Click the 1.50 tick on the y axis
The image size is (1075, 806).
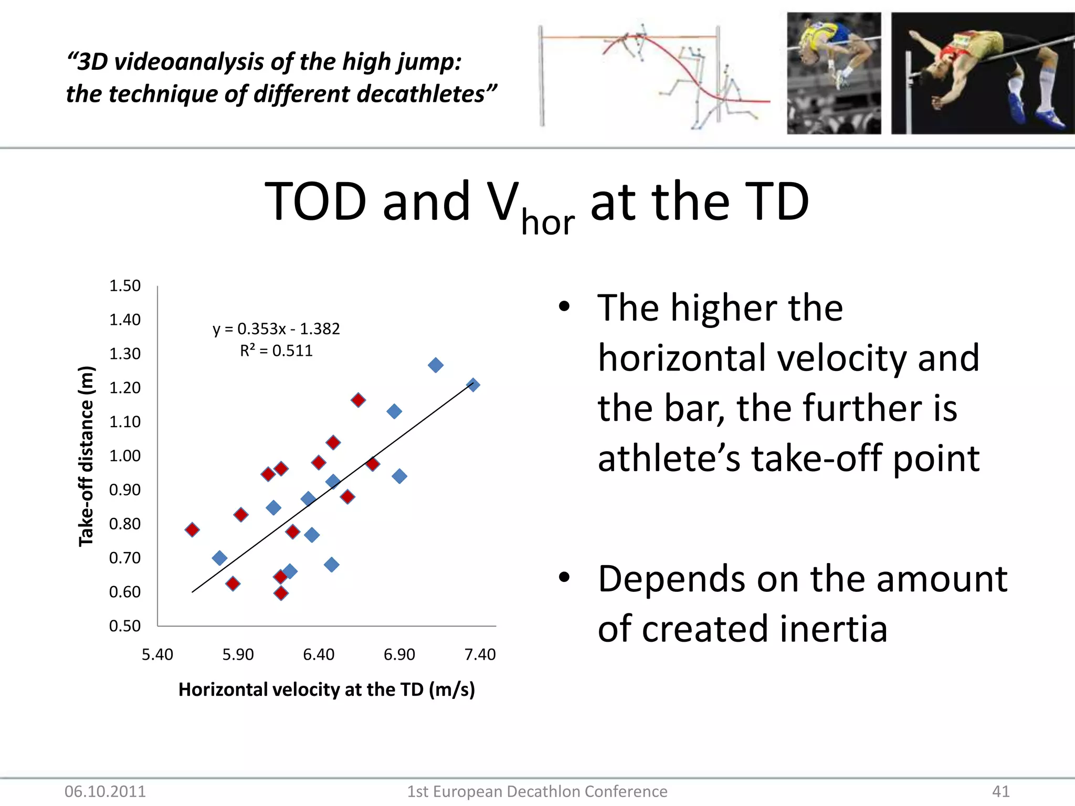point(125,286)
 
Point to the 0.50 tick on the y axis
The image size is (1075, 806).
point(125,626)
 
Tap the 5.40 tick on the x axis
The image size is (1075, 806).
point(157,655)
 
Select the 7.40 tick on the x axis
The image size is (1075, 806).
point(480,655)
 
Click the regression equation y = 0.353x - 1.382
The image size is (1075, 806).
point(276,329)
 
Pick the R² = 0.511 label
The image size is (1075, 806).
point(276,351)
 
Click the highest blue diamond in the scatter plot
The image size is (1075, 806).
point(435,365)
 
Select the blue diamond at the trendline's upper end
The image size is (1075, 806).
point(472,385)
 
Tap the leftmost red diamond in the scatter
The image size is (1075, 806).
point(192,529)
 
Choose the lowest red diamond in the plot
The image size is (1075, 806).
point(281,593)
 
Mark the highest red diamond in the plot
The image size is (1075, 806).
point(358,400)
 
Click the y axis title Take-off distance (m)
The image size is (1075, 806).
point(86,456)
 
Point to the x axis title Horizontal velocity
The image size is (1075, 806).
point(326,690)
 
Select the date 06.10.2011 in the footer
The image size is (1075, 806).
point(105,791)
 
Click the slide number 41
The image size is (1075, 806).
point(1001,791)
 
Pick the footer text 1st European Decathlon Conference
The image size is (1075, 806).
point(537,791)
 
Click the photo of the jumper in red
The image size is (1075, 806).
point(983,73)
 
